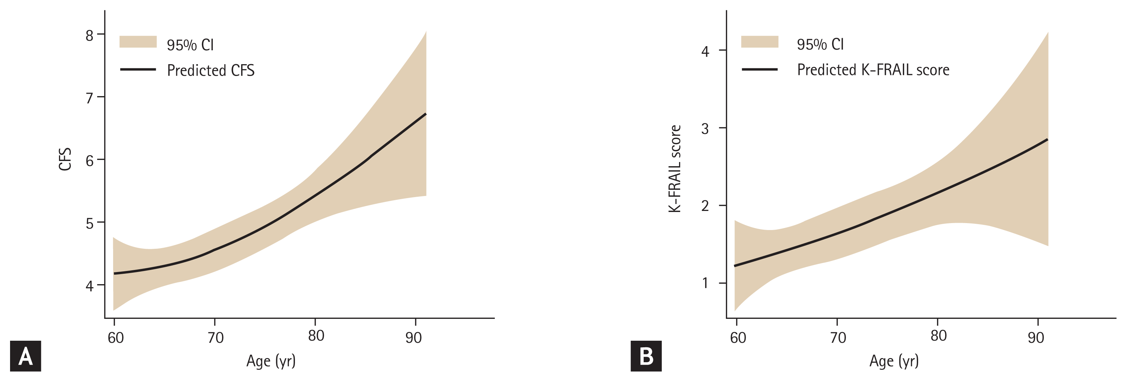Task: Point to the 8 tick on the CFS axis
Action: pos(90,35)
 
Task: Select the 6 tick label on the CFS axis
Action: pos(90,161)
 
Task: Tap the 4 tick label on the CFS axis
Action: pos(90,286)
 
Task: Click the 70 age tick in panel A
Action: pos(215,337)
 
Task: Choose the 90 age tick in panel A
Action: pos(414,337)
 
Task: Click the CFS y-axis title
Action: pos(65,159)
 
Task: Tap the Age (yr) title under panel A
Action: pos(271,361)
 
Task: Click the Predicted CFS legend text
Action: pos(210,70)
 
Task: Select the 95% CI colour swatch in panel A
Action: pos(138,42)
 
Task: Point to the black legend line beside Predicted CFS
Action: pos(138,69)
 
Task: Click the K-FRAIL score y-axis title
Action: pos(675,169)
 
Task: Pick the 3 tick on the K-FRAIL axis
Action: pos(705,129)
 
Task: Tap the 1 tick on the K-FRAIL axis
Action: pos(705,283)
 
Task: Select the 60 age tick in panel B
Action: pos(738,337)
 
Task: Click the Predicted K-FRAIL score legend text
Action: pos(873,70)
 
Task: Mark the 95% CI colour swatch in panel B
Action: pos(760,42)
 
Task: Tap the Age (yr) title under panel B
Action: pos(894,361)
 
